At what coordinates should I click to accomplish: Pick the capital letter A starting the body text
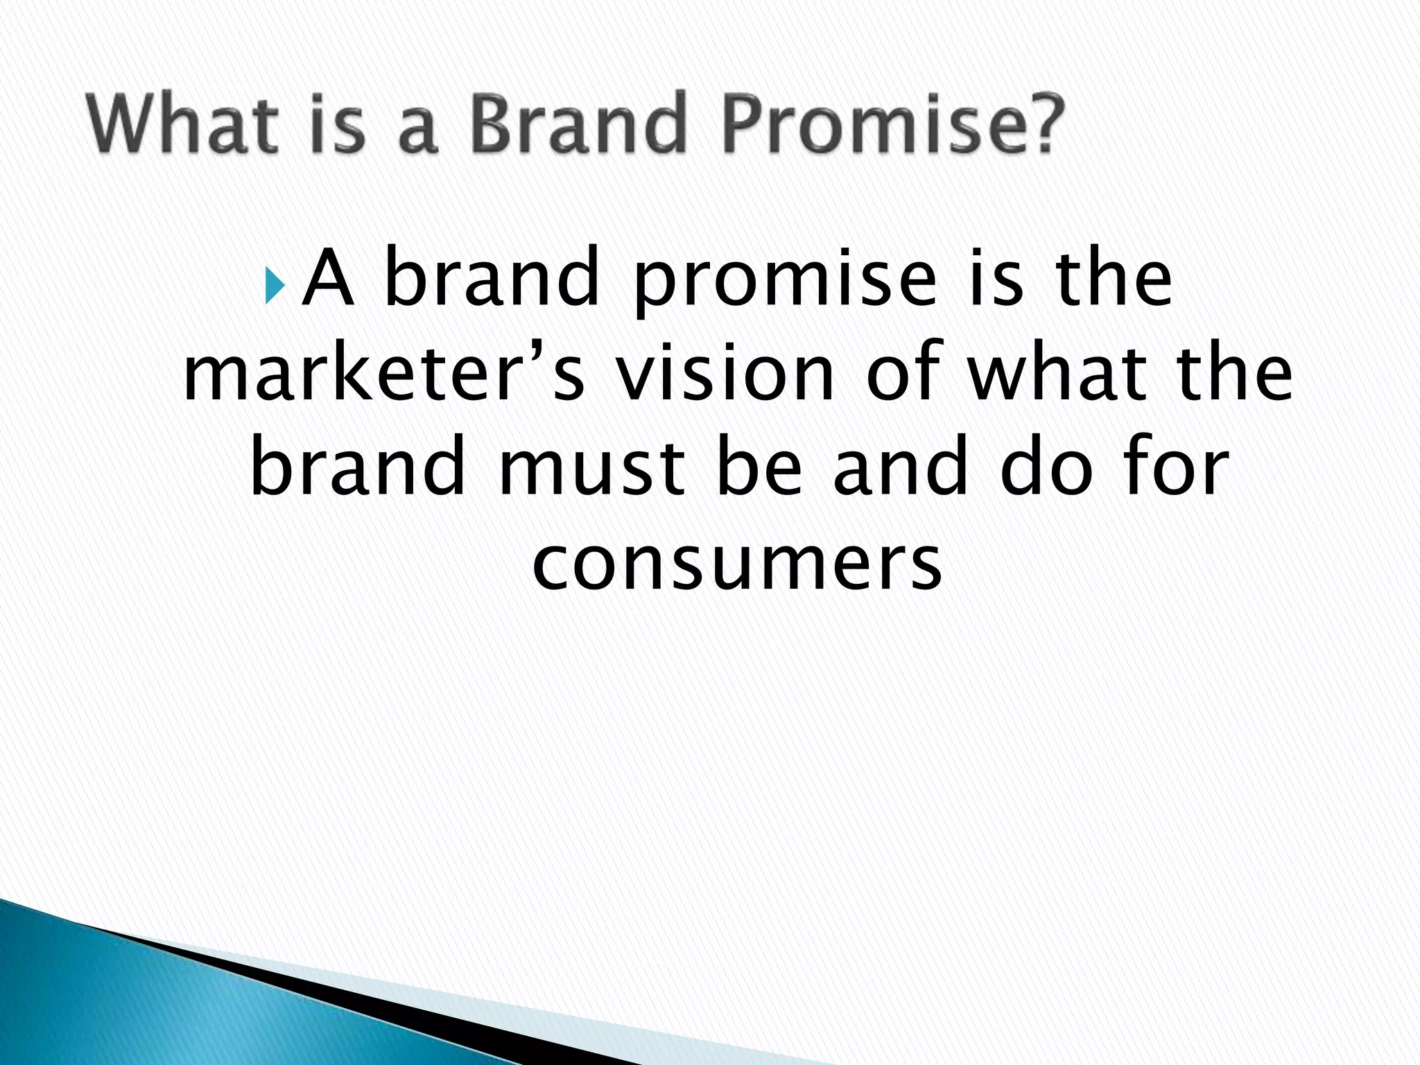(x=329, y=277)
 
